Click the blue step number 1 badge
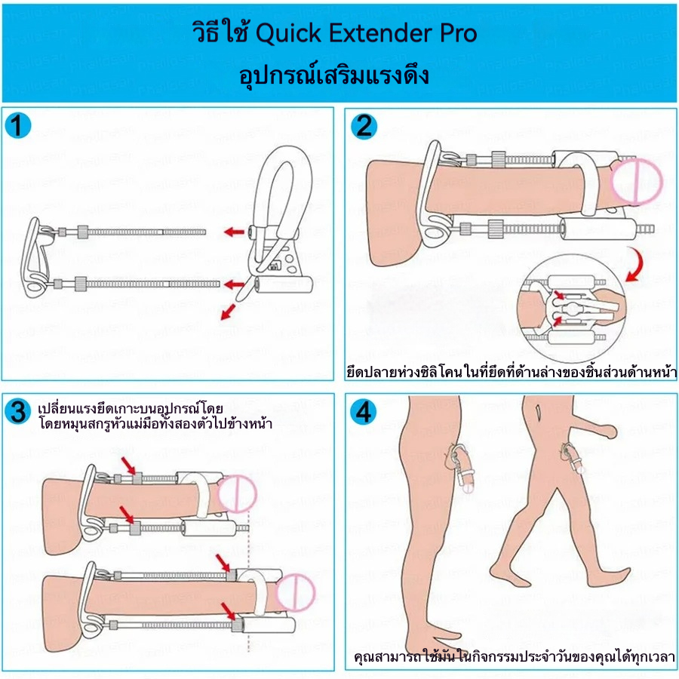tap(18, 126)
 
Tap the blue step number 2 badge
tap(363, 126)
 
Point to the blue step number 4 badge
tap(364, 412)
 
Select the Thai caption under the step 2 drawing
tap(511, 372)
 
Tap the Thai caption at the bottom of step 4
tap(515, 656)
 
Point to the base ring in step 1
tap(38, 256)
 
